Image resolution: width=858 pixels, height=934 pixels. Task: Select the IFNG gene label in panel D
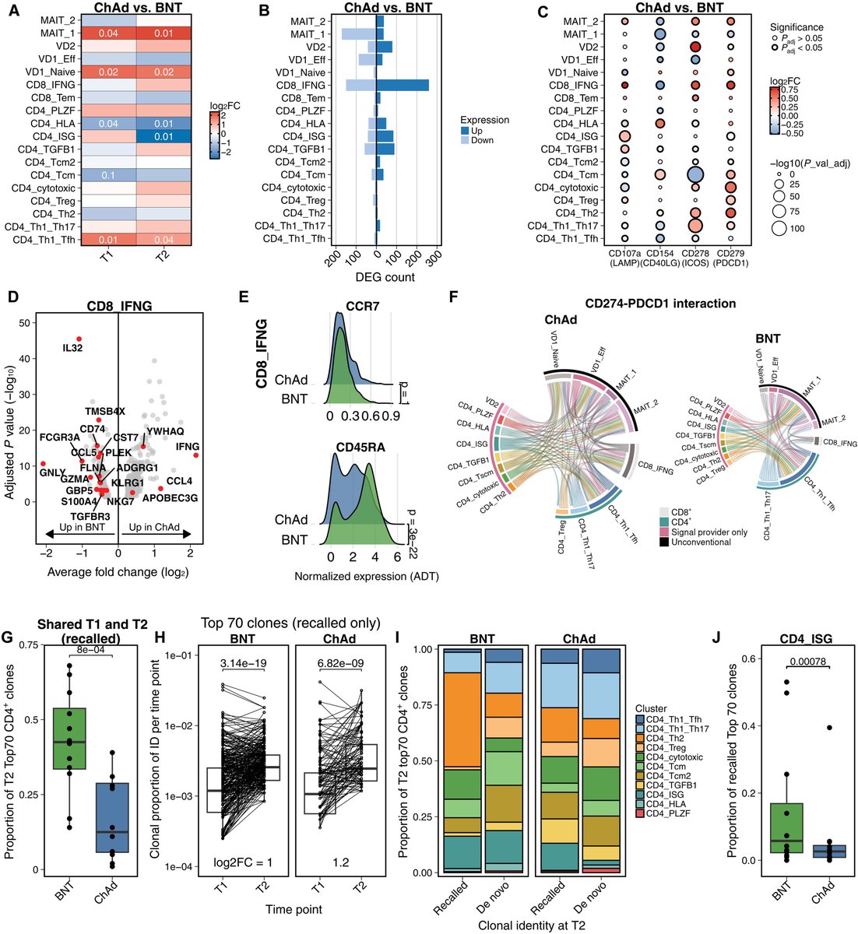point(188,446)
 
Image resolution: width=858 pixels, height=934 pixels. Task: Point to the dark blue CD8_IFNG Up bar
point(403,85)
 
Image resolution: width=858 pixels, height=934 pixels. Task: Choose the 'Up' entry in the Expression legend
point(477,131)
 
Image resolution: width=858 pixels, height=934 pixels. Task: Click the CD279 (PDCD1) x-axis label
point(730,257)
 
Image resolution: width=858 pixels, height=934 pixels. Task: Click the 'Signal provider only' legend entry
point(704,530)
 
